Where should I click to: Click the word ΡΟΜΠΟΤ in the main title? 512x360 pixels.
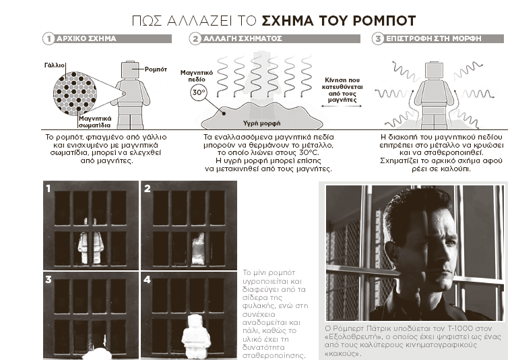pyautogui.click(x=384, y=21)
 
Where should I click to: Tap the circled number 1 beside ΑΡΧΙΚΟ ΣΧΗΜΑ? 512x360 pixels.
pyautogui.click(x=49, y=38)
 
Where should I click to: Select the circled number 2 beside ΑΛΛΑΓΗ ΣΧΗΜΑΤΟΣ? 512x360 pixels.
pyautogui.click(x=195, y=39)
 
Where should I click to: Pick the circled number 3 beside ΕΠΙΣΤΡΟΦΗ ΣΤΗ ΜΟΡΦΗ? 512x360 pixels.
pyautogui.click(x=378, y=39)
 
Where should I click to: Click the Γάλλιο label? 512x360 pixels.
pyautogui.click(x=55, y=65)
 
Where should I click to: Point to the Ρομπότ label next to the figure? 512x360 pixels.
pyautogui.click(x=156, y=69)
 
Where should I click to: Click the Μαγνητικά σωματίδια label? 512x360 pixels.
pyautogui.click(x=95, y=122)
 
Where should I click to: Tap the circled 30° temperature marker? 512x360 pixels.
pyautogui.click(x=199, y=92)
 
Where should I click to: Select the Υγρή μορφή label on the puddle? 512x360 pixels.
pyautogui.click(x=261, y=123)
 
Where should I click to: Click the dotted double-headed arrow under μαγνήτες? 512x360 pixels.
pyautogui.click(x=342, y=106)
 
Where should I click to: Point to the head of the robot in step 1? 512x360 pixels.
pyautogui.click(x=130, y=69)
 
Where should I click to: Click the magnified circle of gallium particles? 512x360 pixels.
pyautogui.click(x=75, y=94)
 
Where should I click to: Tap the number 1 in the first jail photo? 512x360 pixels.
pyautogui.click(x=49, y=189)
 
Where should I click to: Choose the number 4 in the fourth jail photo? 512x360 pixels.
pyautogui.click(x=147, y=280)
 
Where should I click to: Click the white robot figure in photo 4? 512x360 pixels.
pyautogui.click(x=196, y=336)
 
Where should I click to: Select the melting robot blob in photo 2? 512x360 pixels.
pyautogui.click(x=198, y=249)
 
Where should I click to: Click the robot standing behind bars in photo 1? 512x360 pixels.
pyautogui.click(x=91, y=241)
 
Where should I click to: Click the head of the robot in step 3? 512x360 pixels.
pyautogui.click(x=434, y=70)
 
